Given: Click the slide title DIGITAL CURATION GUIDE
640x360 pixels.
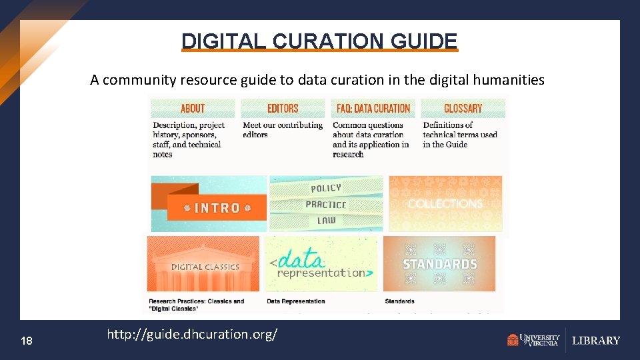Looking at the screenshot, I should (x=320, y=41).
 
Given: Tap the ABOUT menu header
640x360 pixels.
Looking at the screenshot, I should (x=193, y=108).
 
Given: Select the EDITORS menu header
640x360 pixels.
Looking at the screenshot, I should (x=283, y=108).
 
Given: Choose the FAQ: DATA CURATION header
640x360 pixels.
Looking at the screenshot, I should (x=373, y=108).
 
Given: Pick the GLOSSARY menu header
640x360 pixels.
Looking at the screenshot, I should (x=463, y=108).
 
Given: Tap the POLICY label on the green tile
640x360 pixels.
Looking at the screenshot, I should (x=326, y=189).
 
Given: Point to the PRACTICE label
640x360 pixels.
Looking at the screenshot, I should (x=326, y=205).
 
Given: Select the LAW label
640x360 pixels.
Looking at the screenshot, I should (x=327, y=221).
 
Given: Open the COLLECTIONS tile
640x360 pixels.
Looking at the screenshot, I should (x=445, y=203).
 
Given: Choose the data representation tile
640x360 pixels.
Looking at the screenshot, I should (x=321, y=264).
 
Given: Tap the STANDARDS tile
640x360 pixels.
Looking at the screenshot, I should (x=440, y=264).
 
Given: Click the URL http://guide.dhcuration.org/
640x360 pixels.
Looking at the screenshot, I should (x=192, y=334).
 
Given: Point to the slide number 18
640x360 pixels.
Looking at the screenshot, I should (x=27, y=341).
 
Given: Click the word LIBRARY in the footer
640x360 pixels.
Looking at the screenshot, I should (x=596, y=341).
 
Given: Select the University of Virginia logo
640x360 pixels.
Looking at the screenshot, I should (x=533, y=340).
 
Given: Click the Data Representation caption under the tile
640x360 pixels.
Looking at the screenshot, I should (x=296, y=301).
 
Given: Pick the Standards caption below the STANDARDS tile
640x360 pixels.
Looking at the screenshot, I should (x=399, y=301).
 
